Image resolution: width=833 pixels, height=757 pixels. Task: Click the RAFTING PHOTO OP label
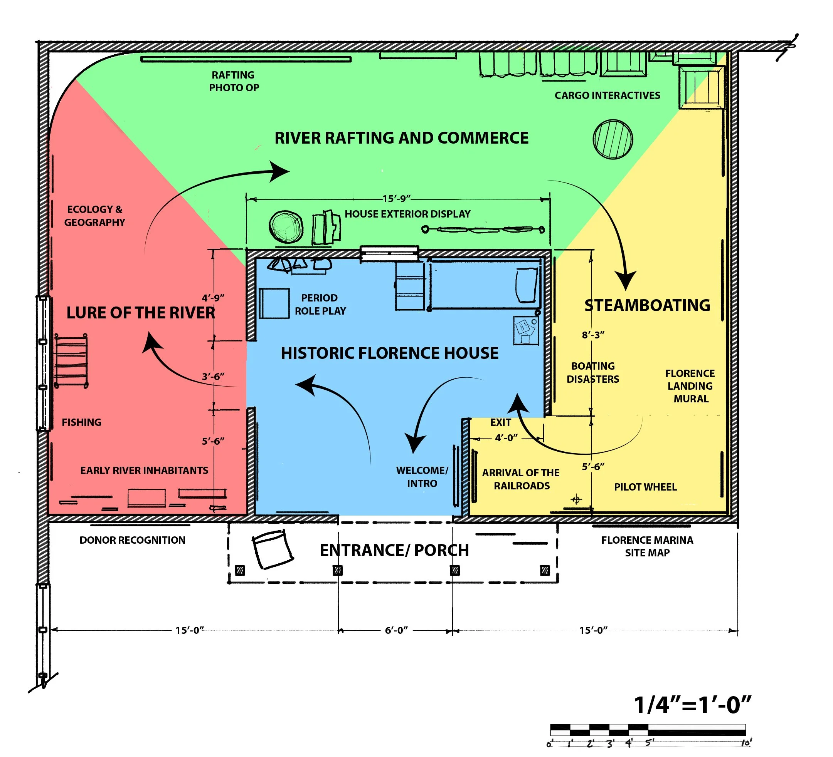click(x=234, y=81)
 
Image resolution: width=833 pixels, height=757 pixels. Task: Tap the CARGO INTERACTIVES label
click(x=608, y=95)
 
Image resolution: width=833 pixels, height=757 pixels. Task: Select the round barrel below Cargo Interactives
click(x=613, y=139)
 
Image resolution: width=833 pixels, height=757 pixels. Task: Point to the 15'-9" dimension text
click(x=397, y=199)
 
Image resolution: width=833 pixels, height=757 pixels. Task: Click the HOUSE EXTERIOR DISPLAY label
click(x=407, y=214)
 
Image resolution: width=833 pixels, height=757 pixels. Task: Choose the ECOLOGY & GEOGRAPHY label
click(x=94, y=216)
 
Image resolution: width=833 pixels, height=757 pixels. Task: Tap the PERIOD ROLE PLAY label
click(x=320, y=304)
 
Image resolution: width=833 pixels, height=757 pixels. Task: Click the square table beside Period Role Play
click(x=274, y=303)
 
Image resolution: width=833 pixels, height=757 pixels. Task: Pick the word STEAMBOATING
click(x=648, y=305)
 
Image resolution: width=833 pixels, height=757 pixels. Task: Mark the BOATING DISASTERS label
click(x=593, y=372)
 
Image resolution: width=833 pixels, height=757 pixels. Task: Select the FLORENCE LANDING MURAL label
click(x=690, y=386)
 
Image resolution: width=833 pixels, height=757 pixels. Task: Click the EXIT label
click(x=501, y=422)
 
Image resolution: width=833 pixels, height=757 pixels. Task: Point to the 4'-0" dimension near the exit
click(x=506, y=437)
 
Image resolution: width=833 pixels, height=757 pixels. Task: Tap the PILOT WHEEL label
click(x=645, y=487)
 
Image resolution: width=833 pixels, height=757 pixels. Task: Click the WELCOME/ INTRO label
click(x=422, y=477)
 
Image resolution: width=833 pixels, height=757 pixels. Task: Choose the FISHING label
click(x=81, y=422)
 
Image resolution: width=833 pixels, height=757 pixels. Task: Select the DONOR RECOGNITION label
click(x=132, y=540)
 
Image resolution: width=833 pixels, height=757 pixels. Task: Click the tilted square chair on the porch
click(x=273, y=549)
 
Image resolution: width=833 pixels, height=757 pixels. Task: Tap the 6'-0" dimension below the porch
click(x=396, y=630)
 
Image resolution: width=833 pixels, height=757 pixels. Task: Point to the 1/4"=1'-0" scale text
click(x=693, y=705)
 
